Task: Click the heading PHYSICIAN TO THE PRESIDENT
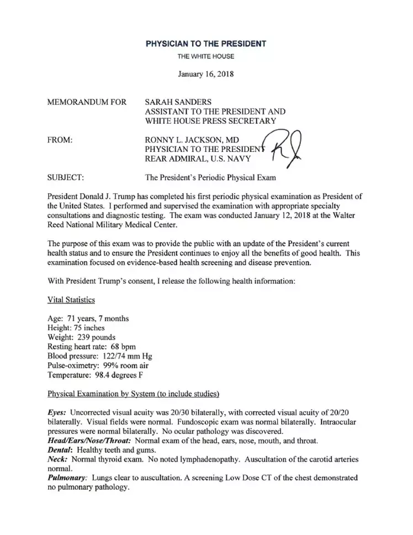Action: [x=206, y=44]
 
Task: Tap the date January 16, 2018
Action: [x=206, y=74]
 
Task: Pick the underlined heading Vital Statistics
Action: [x=71, y=300]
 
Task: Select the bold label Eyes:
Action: [x=57, y=412]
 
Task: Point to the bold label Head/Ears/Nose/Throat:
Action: [x=89, y=441]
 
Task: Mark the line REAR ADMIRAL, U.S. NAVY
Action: [x=198, y=159]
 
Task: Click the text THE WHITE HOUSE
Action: [x=206, y=56]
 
